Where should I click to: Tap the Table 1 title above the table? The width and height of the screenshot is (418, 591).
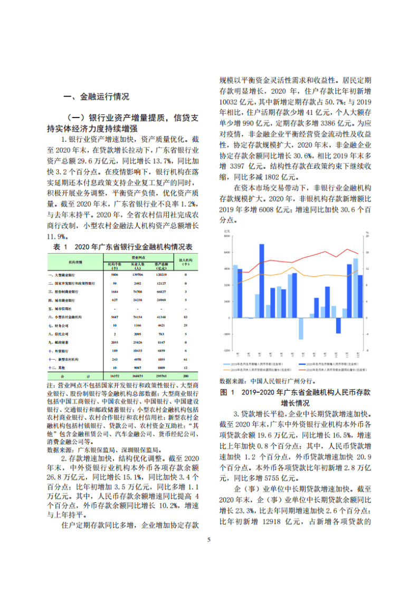(x=122, y=246)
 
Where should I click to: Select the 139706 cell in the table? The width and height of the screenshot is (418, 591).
(x=138, y=275)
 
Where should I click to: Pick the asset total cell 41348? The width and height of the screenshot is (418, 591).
(x=160, y=317)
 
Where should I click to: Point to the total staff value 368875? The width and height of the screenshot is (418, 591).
(x=138, y=375)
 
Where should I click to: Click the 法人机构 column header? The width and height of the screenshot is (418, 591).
(x=185, y=260)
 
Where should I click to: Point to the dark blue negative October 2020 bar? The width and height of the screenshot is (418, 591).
(x=338, y=325)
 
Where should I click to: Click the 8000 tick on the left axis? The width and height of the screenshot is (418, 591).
(x=227, y=236)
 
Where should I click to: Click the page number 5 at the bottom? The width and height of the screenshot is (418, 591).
(x=209, y=540)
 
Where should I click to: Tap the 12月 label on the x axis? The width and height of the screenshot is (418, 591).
(x=357, y=354)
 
